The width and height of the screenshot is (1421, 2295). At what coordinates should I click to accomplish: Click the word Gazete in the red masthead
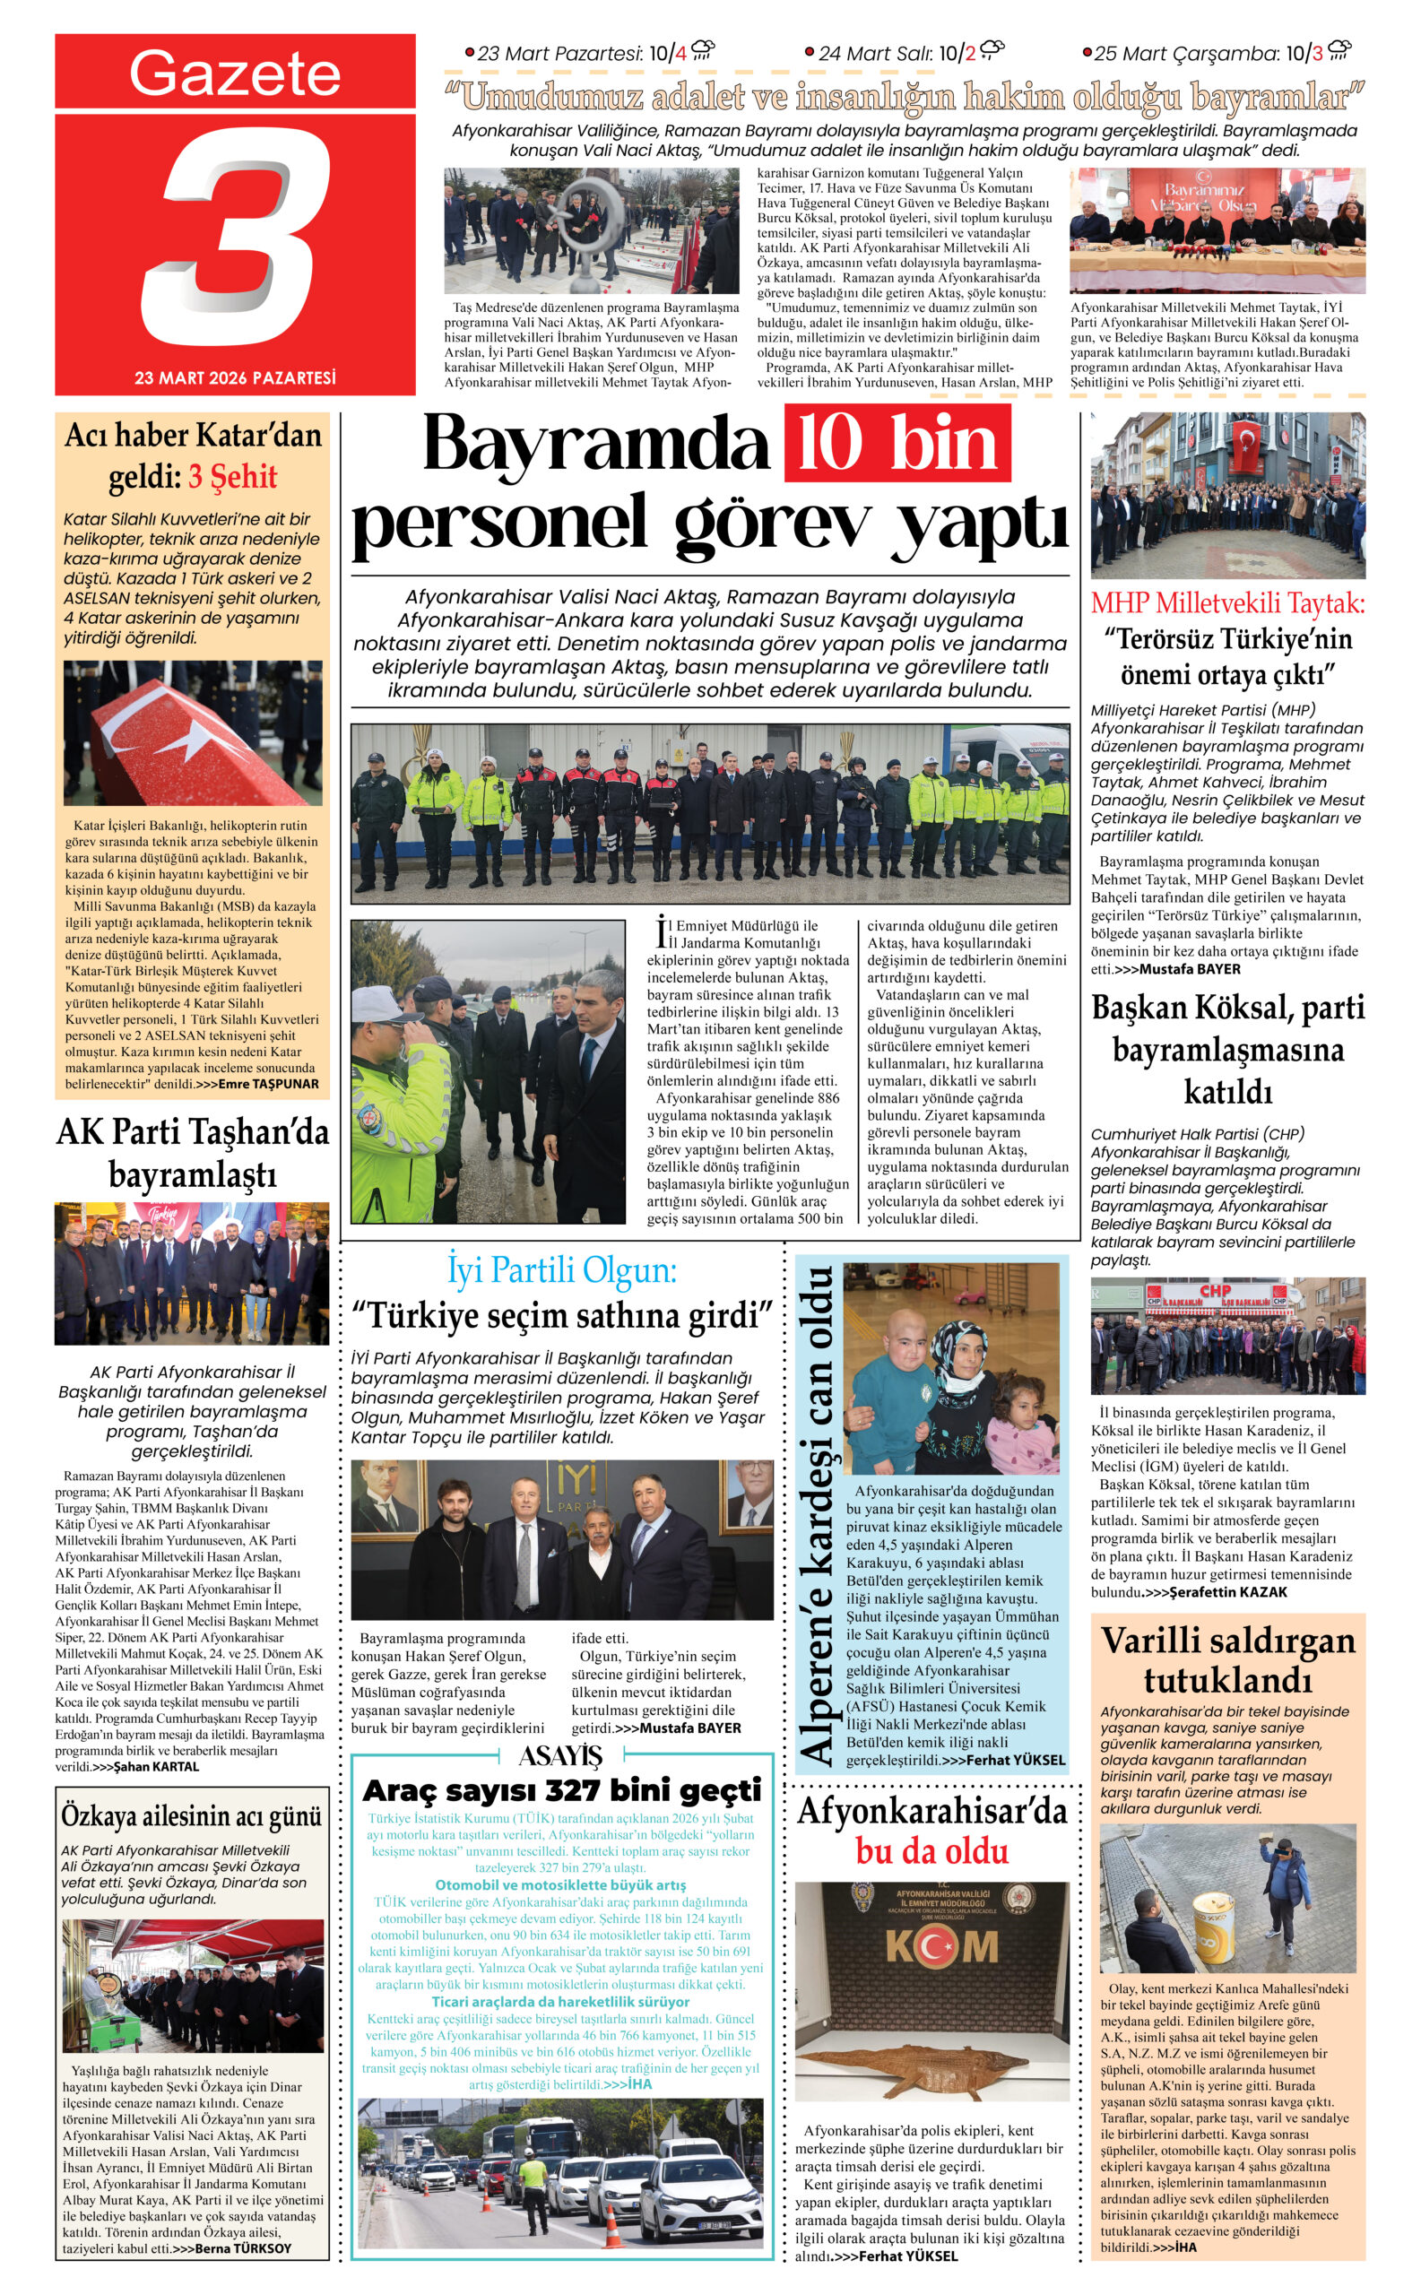point(234,74)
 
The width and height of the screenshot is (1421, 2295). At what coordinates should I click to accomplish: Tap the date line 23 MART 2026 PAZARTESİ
point(235,377)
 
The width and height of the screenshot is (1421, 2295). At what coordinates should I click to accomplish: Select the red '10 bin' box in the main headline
point(897,443)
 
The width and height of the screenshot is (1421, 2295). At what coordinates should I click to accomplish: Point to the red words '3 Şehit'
point(233,476)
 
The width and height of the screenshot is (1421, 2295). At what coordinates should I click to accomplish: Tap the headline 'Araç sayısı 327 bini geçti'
point(561,1790)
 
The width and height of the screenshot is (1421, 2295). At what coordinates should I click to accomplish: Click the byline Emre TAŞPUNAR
point(268,1084)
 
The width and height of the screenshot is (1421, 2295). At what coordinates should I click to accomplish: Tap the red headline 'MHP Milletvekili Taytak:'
point(1227,602)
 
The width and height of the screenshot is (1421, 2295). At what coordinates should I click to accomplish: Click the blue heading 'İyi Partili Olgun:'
point(561,1270)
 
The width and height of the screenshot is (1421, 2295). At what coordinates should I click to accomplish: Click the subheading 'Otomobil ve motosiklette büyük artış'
point(560,1885)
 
